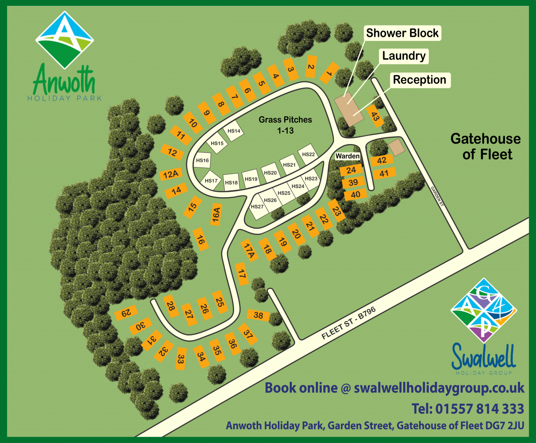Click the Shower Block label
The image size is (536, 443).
pyautogui.click(x=402, y=33)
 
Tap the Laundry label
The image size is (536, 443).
pyautogui.click(x=404, y=56)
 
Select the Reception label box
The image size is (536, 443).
pyautogui.click(x=420, y=80)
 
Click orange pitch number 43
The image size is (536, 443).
pyautogui.click(x=375, y=117)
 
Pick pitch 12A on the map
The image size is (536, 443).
pyautogui.click(x=171, y=174)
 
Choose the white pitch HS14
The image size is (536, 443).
pyautogui.click(x=234, y=131)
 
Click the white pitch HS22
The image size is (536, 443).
pyautogui.click(x=308, y=155)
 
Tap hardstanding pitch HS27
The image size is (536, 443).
pyautogui.click(x=257, y=207)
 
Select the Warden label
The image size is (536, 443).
pyautogui.click(x=348, y=156)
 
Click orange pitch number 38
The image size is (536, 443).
pyautogui.click(x=258, y=315)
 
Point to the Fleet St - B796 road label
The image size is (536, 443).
pyautogui.click(x=348, y=323)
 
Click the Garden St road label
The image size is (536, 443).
pyautogui.click(x=437, y=196)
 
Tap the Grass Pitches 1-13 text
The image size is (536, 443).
pyautogui.click(x=285, y=125)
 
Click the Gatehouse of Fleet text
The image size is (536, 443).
pyautogui.click(x=486, y=147)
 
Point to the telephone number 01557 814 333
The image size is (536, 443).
pyautogui.click(x=468, y=408)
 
